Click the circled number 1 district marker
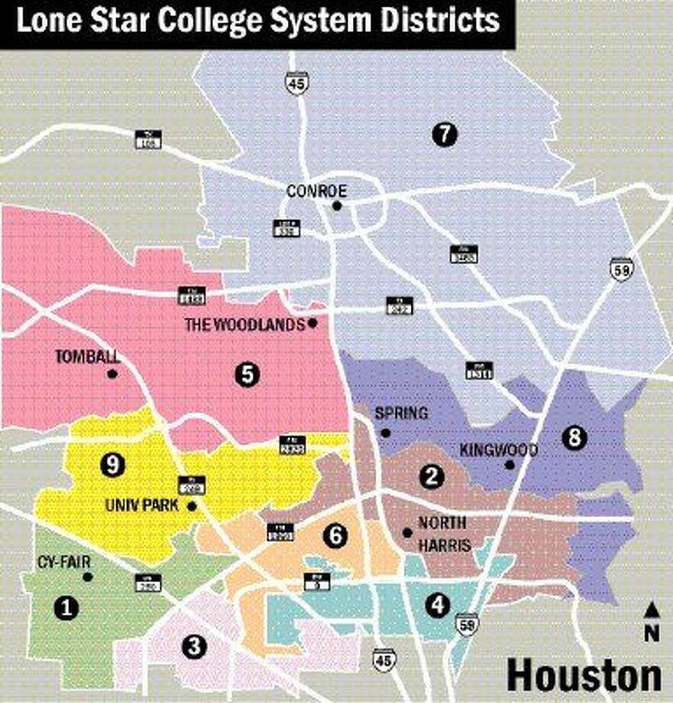pyautogui.click(x=67, y=607)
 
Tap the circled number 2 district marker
pyautogui.click(x=432, y=477)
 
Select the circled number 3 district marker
pyautogui.click(x=195, y=646)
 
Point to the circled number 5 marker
pyautogui.click(x=247, y=374)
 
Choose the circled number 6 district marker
pyautogui.click(x=334, y=536)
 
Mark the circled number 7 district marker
pyautogui.click(x=444, y=134)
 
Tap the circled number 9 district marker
pyautogui.click(x=112, y=465)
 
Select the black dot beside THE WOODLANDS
pyautogui.click(x=312, y=323)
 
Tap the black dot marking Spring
pyautogui.click(x=386, y=432)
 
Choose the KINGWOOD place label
pyautogui.click(x=499, y=450)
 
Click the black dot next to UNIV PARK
pyautogui.click(x=192, y=506)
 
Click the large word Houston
pyautogui.click(x=584, y=675)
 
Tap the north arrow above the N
pyautogui.click(x=652, y=609)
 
